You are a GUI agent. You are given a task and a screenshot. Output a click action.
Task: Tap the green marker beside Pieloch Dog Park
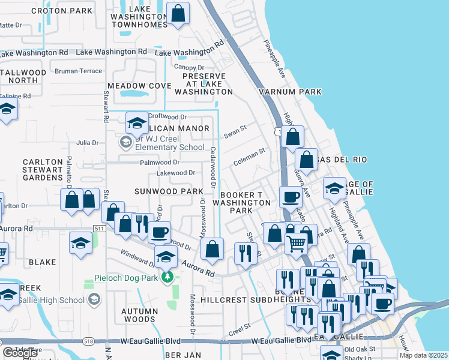[x=169, y=277]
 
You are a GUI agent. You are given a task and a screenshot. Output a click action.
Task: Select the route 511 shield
[x=100, y=229]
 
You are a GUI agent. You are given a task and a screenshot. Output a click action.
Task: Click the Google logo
[x=20, y=353]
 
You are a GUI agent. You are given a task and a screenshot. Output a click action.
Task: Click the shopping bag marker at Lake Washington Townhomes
[x=178, y=13]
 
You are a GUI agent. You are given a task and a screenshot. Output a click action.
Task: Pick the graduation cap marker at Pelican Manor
[x=137, y=122]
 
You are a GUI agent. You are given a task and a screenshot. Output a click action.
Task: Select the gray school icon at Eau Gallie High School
[x=94, y=300]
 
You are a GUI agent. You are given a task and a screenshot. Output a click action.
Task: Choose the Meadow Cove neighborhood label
[x=139, y=86]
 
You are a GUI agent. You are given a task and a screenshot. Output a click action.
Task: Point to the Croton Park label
[x=62, y=11]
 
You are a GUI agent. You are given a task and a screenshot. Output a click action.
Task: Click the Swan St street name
[x=235, y=129]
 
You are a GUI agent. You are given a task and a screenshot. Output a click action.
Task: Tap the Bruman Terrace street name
[x=78, y=71]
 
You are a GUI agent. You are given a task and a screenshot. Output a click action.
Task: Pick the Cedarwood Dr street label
[x=212, y=162]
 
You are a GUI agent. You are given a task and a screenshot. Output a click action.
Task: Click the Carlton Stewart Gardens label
[x=43, y=170]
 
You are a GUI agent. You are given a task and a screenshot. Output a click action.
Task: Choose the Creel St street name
[x=239, y=331]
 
